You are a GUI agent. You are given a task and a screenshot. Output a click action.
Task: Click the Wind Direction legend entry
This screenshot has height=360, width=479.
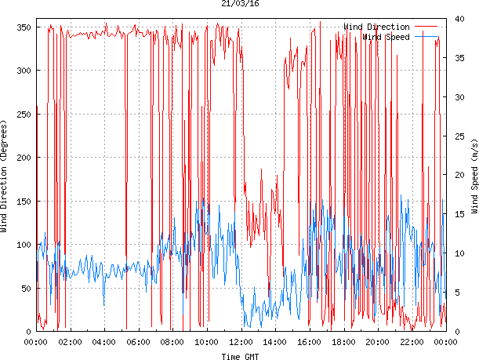pyautogui.click(x=376, y=27)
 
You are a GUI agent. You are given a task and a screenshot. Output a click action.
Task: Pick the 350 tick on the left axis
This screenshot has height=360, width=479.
pyautogui.click(x=23, y=27)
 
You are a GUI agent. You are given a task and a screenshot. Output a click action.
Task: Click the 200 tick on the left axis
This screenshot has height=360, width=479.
pyautogui.click(x=23, y=158)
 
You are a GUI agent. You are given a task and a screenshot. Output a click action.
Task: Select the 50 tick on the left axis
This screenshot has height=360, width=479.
pyautogui.click(x=25, y=288)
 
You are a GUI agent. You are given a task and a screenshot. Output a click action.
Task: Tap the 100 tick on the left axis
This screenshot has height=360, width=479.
pyautogui.click(x=23, y=245)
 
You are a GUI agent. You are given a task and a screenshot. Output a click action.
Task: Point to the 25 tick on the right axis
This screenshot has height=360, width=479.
pyautogui.click(x=455, y=136)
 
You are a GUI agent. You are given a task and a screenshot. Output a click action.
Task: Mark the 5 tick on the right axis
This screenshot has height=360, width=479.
pyautogui.click(x=453, y=292)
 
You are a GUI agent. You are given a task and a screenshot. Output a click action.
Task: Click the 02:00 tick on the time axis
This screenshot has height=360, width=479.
pyautogui.click(x=71, y=342)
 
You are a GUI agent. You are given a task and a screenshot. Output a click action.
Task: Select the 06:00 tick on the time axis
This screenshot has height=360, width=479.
pyautogui.click(x=139, y=342)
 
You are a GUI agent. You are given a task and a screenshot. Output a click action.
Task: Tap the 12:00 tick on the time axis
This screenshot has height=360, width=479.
pyautogui.click(x=241, y=342)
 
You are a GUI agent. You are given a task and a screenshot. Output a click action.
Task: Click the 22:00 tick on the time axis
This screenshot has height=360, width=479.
pyautogui.click(x=412, y=342)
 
